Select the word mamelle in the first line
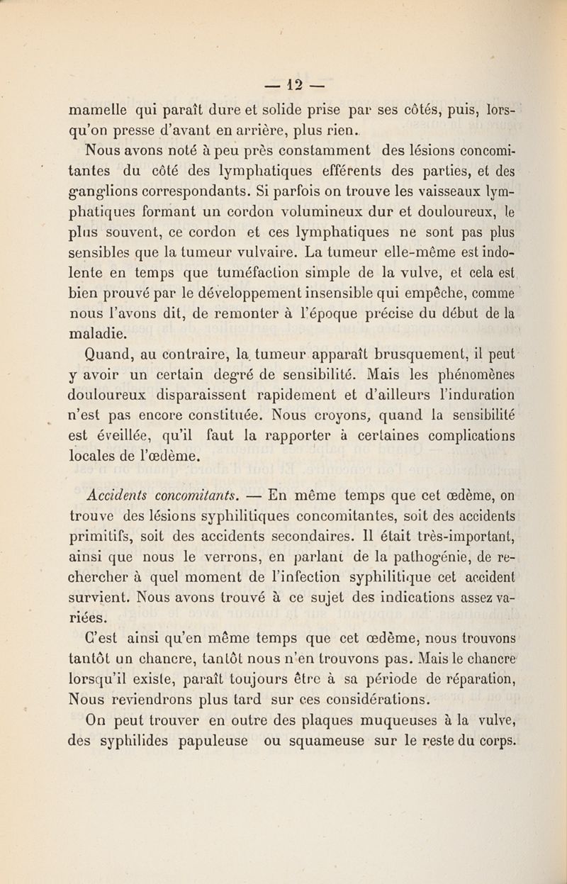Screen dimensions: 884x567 (x=98, y=111)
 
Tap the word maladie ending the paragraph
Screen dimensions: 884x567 (x=99, y=333)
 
